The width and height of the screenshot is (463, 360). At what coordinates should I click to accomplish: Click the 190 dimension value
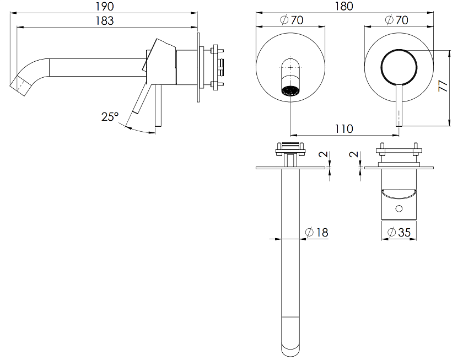point(105,6)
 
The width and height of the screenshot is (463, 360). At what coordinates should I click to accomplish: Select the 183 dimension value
point(105,20)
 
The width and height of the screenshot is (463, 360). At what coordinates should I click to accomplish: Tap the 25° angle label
point(110,117)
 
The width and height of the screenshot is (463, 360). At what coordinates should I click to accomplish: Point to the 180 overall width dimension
point(344,6)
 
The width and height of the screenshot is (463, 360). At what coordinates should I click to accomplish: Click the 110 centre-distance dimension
point(344,129)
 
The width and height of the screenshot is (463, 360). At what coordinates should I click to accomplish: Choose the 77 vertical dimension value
point(443,85)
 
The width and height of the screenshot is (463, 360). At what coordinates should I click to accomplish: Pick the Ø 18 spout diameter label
point(317,233)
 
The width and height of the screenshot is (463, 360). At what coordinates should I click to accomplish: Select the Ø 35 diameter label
point(399,233)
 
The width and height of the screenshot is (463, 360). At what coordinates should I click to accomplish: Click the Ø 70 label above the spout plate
point(292,20)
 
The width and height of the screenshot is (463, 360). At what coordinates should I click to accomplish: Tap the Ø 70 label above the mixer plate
point(397,20)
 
